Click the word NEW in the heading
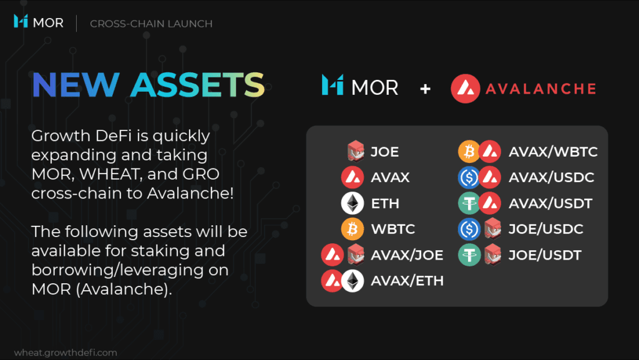76,85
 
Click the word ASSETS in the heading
198,85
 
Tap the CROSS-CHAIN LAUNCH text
151,24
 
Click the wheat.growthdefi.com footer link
66,353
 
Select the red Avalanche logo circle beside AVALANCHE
466,89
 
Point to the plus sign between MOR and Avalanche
425,89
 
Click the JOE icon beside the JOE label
355,151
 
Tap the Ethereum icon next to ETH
353,203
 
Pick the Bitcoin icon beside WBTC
353,229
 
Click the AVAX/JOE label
407,255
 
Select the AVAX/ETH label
407,281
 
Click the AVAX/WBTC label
553,152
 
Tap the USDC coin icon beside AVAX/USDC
469,177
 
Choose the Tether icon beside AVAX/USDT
469,203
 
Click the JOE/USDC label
545,229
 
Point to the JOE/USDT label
545,255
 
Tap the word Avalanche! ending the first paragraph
190,193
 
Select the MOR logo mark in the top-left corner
21,21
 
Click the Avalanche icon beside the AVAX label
353,177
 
